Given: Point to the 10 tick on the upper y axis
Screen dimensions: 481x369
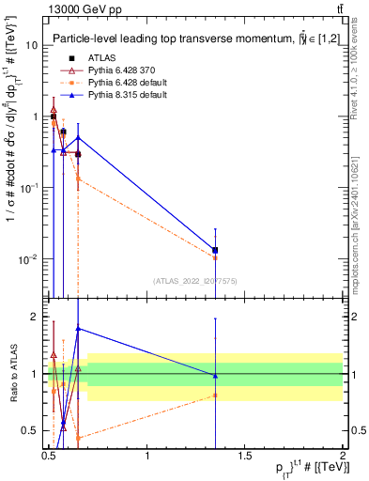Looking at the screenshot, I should coord(35,45).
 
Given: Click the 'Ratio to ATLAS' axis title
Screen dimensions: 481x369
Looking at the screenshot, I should coord(13,374).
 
